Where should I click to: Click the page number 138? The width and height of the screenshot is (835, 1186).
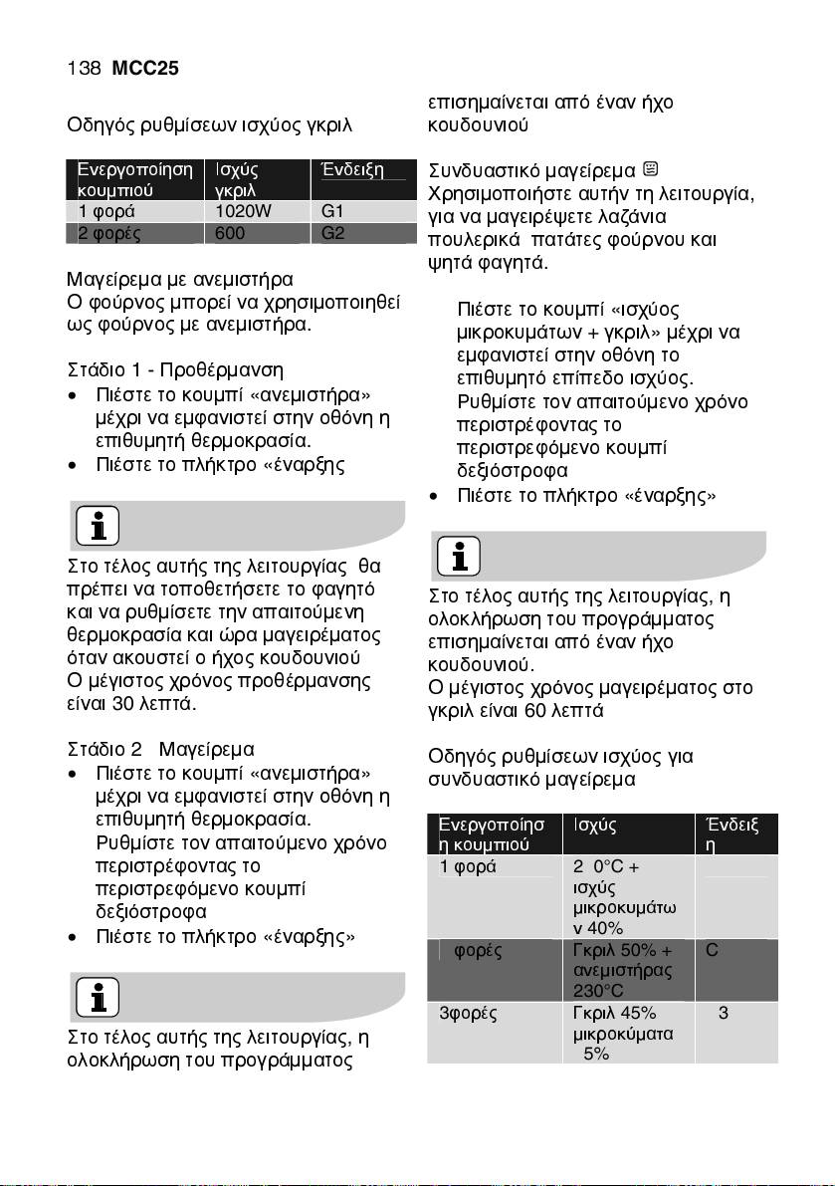(x=83, y=69)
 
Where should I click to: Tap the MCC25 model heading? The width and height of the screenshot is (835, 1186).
(x=145, y=69)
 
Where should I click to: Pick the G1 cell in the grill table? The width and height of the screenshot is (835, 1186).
(x=332, y=210)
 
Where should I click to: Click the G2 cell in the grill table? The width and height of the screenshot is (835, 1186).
(x=332, y=234)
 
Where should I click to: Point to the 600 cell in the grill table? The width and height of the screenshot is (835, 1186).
(x=230, y=234)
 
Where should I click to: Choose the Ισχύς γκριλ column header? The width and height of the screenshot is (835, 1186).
(x=237, y=179)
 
